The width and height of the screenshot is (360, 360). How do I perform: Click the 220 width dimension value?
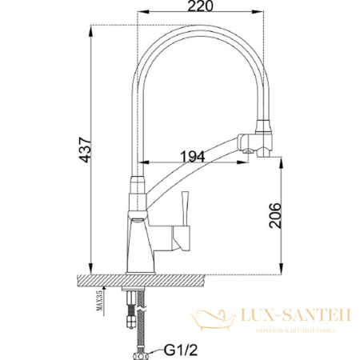[x=203, y=9]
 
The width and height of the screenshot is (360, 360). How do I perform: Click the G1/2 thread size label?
[x=179, y=350]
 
